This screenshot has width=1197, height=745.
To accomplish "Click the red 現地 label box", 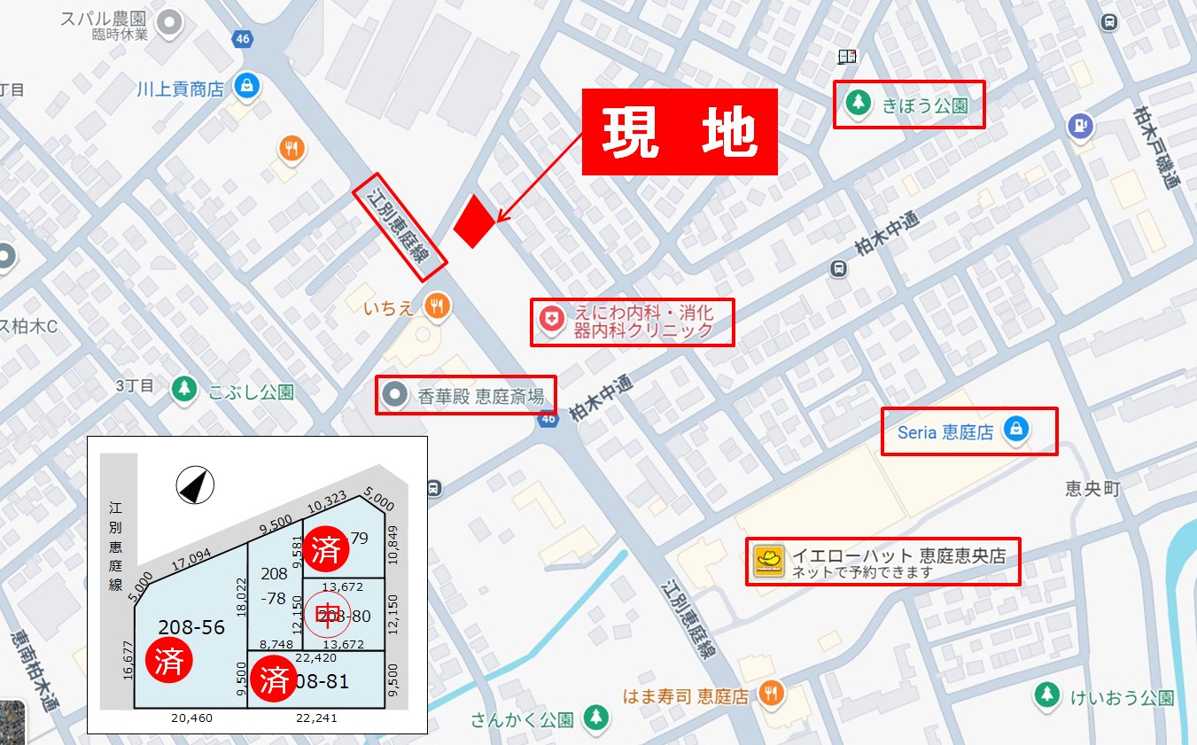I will [680, 132].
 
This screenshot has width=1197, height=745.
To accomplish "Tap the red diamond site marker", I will [474, 221].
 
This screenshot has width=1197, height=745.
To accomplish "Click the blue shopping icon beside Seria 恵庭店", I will [1015, 431].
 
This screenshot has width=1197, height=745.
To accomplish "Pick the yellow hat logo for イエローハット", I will [769, 562].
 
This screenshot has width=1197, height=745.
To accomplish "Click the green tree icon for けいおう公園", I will [1047, 696].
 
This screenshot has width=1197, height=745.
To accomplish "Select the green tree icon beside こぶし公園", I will [183, 389].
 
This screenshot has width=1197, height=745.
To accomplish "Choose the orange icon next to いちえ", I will [435, 307].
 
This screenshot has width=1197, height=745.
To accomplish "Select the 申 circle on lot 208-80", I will [327, 615].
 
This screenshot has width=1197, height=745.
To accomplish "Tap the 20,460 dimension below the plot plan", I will [191, 718].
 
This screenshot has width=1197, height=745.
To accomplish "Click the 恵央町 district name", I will [1092, 489].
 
